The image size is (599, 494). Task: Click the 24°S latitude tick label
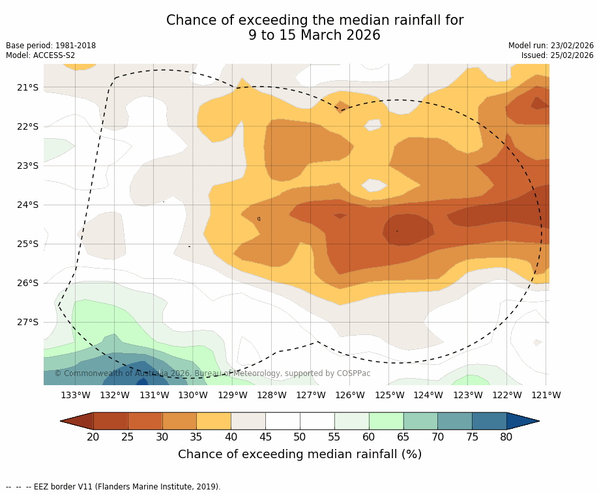pos(28,205)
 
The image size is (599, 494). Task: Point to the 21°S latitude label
pos(28,87)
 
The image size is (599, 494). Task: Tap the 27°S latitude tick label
pos(28,322)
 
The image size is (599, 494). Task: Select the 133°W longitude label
pos(76,395)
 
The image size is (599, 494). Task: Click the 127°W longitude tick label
pos(311,395)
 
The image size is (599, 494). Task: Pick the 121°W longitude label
pos(546,395)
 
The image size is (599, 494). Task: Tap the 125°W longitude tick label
pos(389,395)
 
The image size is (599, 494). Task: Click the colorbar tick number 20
pos(93,437)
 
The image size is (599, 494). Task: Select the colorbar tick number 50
pos(300,437)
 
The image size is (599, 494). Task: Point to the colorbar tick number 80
pos(506,437)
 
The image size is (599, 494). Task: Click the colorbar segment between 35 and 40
pos(214,421)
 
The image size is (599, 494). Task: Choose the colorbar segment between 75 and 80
pos(489,421)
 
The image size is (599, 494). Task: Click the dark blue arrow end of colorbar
pos(522,421)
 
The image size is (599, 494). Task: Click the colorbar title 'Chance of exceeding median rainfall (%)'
pos(300,454)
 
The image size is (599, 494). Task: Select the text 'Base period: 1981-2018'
pos(51,46)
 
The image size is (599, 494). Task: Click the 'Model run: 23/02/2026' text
pos(551,46)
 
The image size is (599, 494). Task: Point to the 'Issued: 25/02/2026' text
pos(557,55)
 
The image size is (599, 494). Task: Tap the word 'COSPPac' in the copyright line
pos(353,373)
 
